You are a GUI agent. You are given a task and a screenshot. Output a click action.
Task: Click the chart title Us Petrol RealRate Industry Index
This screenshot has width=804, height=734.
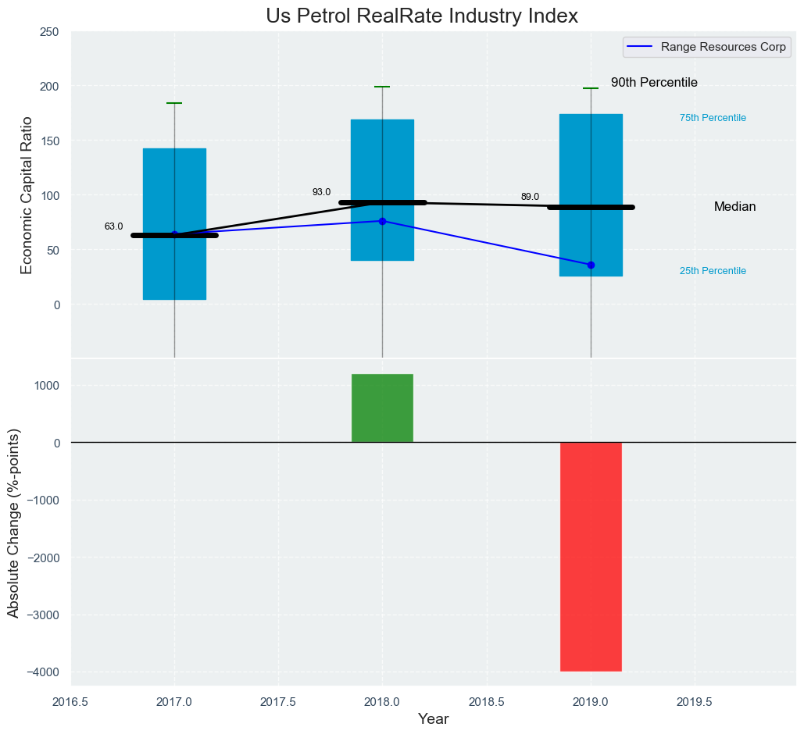tap(421, 16)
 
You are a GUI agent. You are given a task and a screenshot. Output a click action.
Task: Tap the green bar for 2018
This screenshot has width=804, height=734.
tap(382, 408)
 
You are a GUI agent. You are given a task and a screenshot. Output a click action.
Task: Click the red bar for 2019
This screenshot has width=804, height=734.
tap(591, 557)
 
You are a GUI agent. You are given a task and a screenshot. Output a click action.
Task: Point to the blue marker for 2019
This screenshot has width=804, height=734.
tap(591, 265)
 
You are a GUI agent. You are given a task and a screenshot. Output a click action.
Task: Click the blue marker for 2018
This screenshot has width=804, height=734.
tap(382, 221)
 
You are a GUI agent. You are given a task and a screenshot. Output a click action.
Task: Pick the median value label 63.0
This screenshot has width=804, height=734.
tap(113, 226)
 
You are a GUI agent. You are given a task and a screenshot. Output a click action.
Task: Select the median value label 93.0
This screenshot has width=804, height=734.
tap(321, 192)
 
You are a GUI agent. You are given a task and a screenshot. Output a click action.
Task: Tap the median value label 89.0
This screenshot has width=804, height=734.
tap(530, 197)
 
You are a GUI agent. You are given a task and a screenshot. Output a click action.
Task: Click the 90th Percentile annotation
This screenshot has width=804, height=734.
tap(654, 83)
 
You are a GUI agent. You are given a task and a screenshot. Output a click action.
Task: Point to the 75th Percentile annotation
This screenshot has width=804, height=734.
tap(713, 118)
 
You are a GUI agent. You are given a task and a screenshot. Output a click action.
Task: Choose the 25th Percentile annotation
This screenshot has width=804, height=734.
tap(713, 271)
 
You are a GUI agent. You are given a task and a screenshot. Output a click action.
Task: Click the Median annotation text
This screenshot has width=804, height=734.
tap(734, 207)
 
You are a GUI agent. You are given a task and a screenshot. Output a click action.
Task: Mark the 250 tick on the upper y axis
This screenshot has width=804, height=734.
tap(49, 32)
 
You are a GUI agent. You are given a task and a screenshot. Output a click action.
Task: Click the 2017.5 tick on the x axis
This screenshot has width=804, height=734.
tap(278, 702)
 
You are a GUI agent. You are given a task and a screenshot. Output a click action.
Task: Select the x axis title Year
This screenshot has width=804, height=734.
tap(433, 719)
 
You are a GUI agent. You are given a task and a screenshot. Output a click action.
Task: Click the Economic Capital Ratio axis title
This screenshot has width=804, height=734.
tap(27, 195)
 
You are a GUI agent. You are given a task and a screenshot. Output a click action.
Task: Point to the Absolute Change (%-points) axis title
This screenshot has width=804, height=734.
tap(13, 522)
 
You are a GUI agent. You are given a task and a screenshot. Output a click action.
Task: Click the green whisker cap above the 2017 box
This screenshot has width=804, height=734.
tap(174, 103)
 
